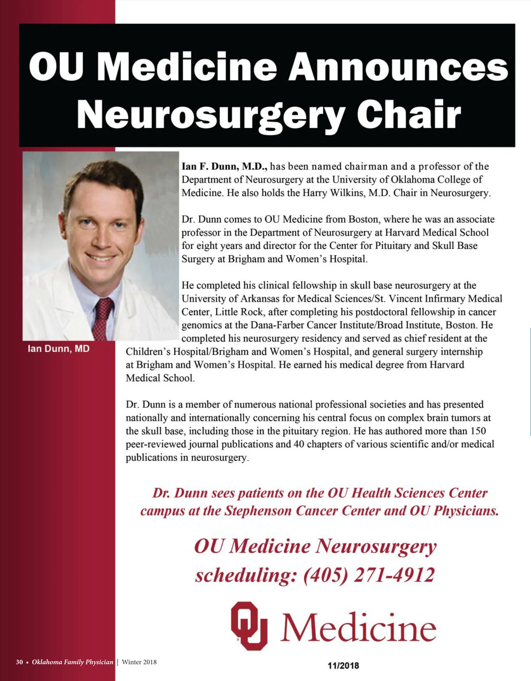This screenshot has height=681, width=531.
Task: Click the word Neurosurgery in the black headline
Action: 212,114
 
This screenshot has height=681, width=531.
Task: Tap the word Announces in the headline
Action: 398,66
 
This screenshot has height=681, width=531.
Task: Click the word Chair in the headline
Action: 409,114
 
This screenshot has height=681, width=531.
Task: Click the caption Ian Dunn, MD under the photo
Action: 58,348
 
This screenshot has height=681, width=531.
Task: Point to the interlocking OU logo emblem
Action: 249,625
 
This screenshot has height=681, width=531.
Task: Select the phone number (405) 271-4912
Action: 369,575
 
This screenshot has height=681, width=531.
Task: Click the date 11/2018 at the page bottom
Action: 343,666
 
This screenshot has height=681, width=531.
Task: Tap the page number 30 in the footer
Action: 19,662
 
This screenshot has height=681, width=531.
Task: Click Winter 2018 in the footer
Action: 139,662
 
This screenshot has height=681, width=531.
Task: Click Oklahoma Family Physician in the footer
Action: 73,662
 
